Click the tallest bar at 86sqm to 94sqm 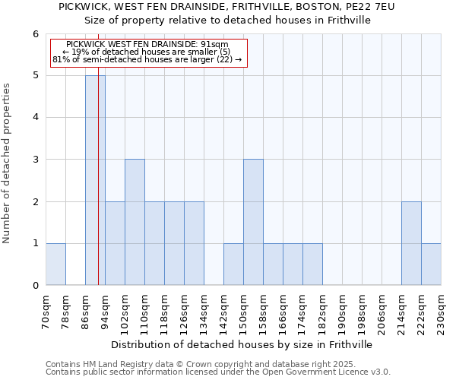(x=95, y=180)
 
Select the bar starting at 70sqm (x=55, y=264)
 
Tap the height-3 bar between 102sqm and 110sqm (x=135, y=222)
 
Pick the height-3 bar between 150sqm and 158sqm (x=253, y=222)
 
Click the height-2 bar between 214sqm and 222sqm (x=411, y=243)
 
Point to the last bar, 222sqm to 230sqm (x=431, y=264)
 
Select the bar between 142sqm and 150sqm (x=233, y=264)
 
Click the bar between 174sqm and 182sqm (x=312, y=264)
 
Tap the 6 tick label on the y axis (x=35, y=34)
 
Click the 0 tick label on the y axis (x=35, y=286)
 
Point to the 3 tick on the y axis (x=35, y=160)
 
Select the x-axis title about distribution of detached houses (x=243, y=344)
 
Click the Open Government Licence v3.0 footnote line (x=218, y=372)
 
